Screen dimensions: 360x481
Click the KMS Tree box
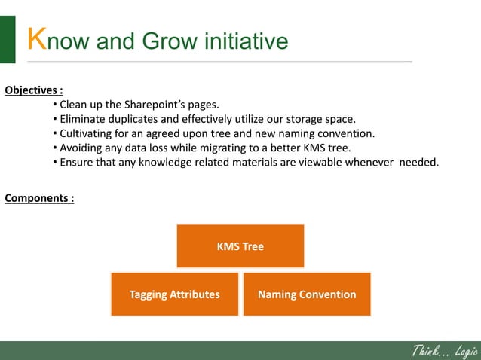click(x=240, y=246)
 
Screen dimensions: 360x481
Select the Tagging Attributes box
click(x=174, y=294)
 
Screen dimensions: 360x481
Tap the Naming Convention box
click(x=307, y=294)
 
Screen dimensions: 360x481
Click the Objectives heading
click(x=33, y=91)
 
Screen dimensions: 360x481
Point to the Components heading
click(x=39, y=199)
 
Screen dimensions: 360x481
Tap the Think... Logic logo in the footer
click(x=444, y=350)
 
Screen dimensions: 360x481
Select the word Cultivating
click(x=89, y=133)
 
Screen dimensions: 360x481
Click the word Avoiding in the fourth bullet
click(x=82, y=148)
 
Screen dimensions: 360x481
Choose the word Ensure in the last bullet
click(x=78, y=162)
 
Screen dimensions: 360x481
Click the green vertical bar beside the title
click(x=8, y=39)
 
